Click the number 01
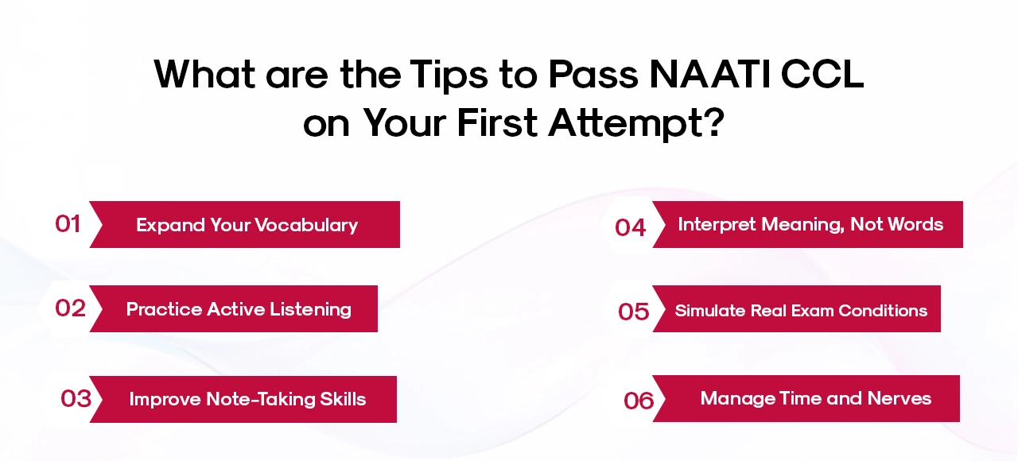(68, 224)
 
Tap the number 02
(70, 308)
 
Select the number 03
(76, 398)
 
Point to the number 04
(630, 227)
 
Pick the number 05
(633, 312)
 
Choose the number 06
(639, 401)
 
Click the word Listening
(311, 308)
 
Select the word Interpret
(716, 224)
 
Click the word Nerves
(899, 398)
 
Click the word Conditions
(883, 311)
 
